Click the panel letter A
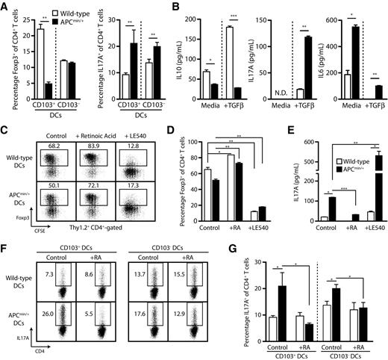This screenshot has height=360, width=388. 6,7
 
